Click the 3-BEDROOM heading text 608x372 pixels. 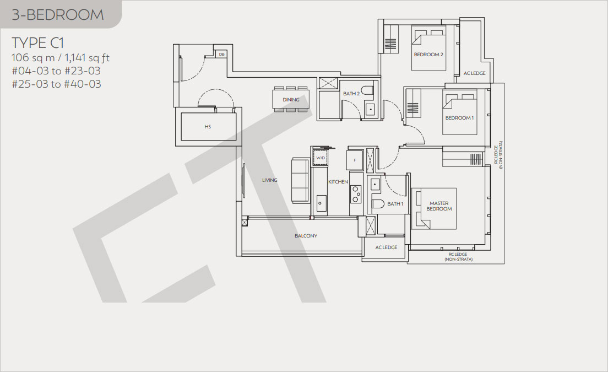(x=58, y=15)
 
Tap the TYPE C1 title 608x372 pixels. (x=38, y=42)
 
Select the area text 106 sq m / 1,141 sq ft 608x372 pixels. (x=61, y=58)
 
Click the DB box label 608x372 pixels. (x=221, y=55)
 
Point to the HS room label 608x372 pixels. (x=208, y=127)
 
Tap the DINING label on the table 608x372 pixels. (x=291, y=100)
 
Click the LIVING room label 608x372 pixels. (x=269, y=180)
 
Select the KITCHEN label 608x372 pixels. (x=338, y=181)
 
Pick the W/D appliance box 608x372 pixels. (x=321, y=158)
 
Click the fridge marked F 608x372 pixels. (x=355, y=160)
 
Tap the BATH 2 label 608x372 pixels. (x=351, y=94)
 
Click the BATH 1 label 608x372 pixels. (x=395, y=204)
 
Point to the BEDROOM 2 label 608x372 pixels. (x=428, y=55)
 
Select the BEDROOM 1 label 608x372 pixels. (x=459, y=117)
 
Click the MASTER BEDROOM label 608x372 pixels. (x=439, y=206)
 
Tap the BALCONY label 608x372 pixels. (x=306, y=235)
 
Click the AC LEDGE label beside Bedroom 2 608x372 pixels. (x=475, y=73)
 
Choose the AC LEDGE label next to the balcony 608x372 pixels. (x=386, y=247)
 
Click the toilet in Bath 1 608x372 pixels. (x=378, y=203)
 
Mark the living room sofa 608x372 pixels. (x=301, y=180)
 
